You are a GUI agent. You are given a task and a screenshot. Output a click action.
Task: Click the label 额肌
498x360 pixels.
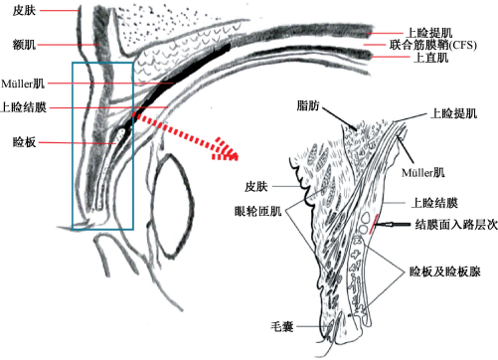point(24,45)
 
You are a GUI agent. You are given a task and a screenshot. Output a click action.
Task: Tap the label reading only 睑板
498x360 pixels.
point(24,142)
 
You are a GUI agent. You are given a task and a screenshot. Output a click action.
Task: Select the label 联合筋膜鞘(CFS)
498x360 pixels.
point(433,45)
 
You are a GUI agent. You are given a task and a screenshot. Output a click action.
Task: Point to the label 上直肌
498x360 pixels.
point(430,58)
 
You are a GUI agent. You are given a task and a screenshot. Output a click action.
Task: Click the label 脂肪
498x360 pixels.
point(308,106)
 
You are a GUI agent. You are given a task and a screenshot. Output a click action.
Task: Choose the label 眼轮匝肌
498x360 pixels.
point(257,211)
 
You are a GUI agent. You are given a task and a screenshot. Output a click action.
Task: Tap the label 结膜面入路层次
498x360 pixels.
point(456,225)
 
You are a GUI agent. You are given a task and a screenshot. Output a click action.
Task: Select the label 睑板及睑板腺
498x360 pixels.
point(444,271)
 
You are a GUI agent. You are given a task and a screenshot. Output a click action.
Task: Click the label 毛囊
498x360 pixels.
point(282,326)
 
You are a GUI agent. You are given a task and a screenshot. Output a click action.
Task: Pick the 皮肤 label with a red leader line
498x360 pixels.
point(24,10)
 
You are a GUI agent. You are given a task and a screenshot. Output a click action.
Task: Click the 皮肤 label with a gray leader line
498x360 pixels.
point(255,187)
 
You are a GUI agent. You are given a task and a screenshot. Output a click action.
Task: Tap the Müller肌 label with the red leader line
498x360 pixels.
point(23,84)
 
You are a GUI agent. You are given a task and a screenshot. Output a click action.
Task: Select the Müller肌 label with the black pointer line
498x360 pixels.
point(422,173)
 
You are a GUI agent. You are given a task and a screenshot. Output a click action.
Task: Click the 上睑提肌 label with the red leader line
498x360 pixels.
point(429,33)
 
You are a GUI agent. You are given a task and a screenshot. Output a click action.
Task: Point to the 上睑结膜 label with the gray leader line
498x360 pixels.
point(434,203)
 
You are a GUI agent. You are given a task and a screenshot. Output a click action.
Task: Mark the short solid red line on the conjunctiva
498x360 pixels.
point(374,224)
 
